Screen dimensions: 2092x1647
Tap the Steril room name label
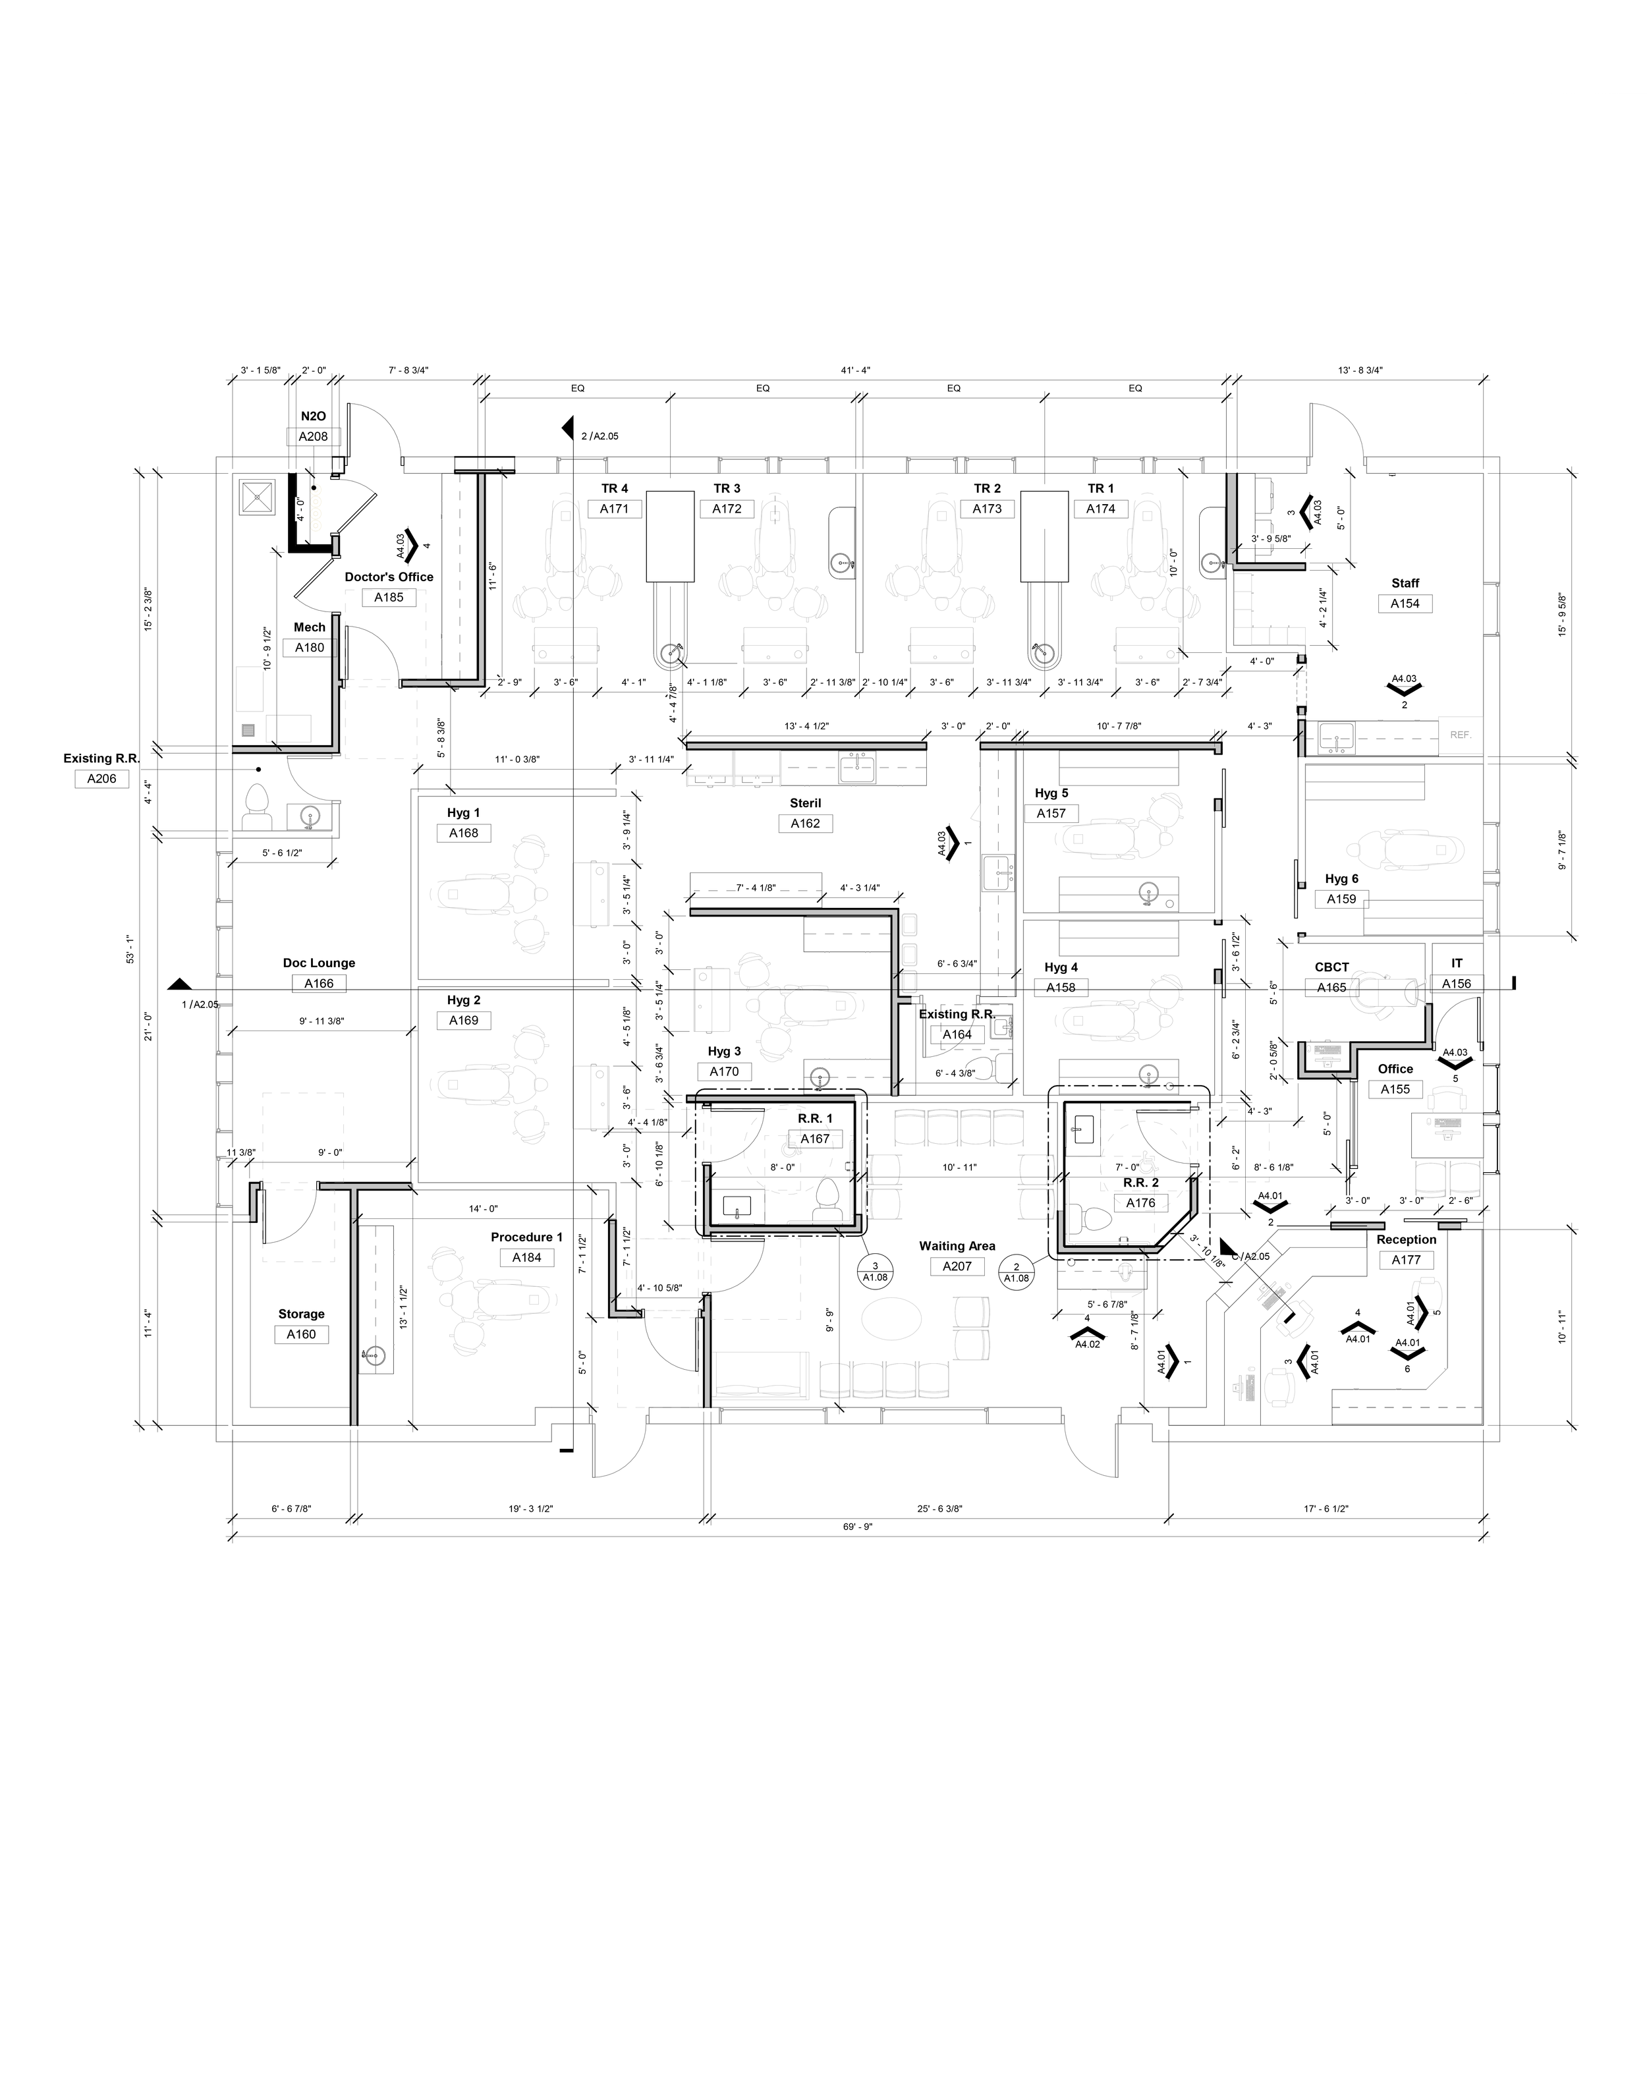(x=805, y=803)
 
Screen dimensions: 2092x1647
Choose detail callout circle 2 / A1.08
(x=1017, y=1272)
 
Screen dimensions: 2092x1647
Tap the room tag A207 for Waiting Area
(x=957, y=1267)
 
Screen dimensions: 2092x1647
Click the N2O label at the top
(x=314, y=416)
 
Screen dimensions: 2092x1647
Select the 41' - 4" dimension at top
(x=855, y=370)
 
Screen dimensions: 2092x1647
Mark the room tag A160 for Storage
(x=301, y=1335)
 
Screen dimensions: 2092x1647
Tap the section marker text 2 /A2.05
(x=599, y=436)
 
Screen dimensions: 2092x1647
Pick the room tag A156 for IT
(x=1456, y=984)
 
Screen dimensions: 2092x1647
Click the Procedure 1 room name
(x=526, y=1237)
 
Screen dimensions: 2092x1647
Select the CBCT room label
(x=1331, y=967)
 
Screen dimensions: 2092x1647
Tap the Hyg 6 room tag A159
(x=1341, y=899)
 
